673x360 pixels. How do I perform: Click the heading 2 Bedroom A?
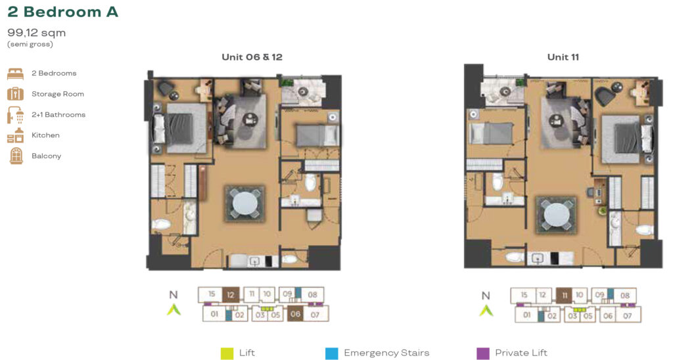click(x=63, y=12)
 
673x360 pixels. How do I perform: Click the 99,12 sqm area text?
click(x=37, y=33)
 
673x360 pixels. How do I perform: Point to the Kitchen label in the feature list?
click(x=45, y=135)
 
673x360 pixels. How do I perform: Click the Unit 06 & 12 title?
click(x=252, y=57)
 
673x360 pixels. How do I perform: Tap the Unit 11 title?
click(x=563, y=57)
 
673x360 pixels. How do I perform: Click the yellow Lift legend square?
click(x=227, y=353)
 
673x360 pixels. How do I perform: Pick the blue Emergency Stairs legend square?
click(x=332, y=353)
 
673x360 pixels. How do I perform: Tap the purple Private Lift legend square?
click(x=482, y=353)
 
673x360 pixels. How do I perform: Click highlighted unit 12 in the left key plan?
click(x=230, y=295)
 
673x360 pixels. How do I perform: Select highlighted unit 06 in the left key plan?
click(x=296, y=315)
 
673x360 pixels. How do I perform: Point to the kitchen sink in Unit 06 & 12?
click(x=253, y=261)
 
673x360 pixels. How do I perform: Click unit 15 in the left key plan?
click(x=211, y=295)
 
